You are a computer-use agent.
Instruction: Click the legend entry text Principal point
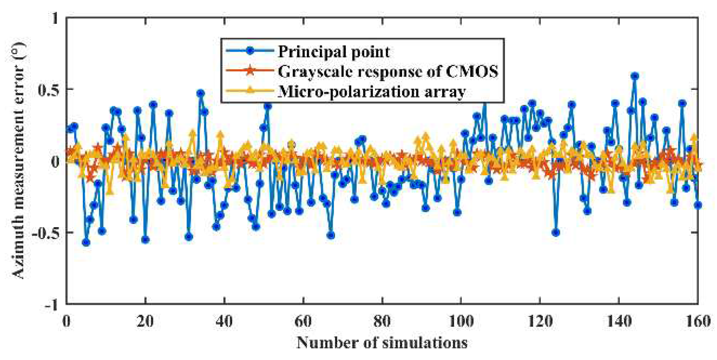pyautogui.click(x=333, y=52)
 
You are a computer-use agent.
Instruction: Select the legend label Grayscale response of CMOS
pyautogui.click(x=387, y=71)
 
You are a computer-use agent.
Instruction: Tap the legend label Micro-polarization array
pyautogui.click(x=372, y=91)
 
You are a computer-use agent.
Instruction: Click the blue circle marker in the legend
pyautogui.click(x=250, y=51)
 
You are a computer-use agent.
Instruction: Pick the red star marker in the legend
pyautogui.click(x=250, y=71)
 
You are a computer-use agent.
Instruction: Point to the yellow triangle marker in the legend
pyautogui.click(x=250, y=90)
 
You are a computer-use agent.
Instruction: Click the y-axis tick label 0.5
pyautogui.click(x=48, y=90)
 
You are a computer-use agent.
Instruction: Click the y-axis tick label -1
pyautogui.click(x=52, y=305)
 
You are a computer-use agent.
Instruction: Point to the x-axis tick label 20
pyautogui.click(x=145, y=321)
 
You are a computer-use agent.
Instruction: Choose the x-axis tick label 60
pyautogui.click(x=303, y=321)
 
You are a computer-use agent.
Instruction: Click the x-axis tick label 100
pyautogui.click(x=461, y=321)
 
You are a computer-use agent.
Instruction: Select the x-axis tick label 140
pyautogui.click(x=618, y=321)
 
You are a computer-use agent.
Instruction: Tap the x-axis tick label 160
pyautogui.click(x=697, y=321)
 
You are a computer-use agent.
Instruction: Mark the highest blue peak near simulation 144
pyautogui.click(x=635, y=76)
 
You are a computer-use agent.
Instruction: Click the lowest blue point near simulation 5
pyautogui.click(x=86, y=243)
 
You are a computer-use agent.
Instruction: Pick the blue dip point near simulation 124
pyautogui.click(x=556, y=233)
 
